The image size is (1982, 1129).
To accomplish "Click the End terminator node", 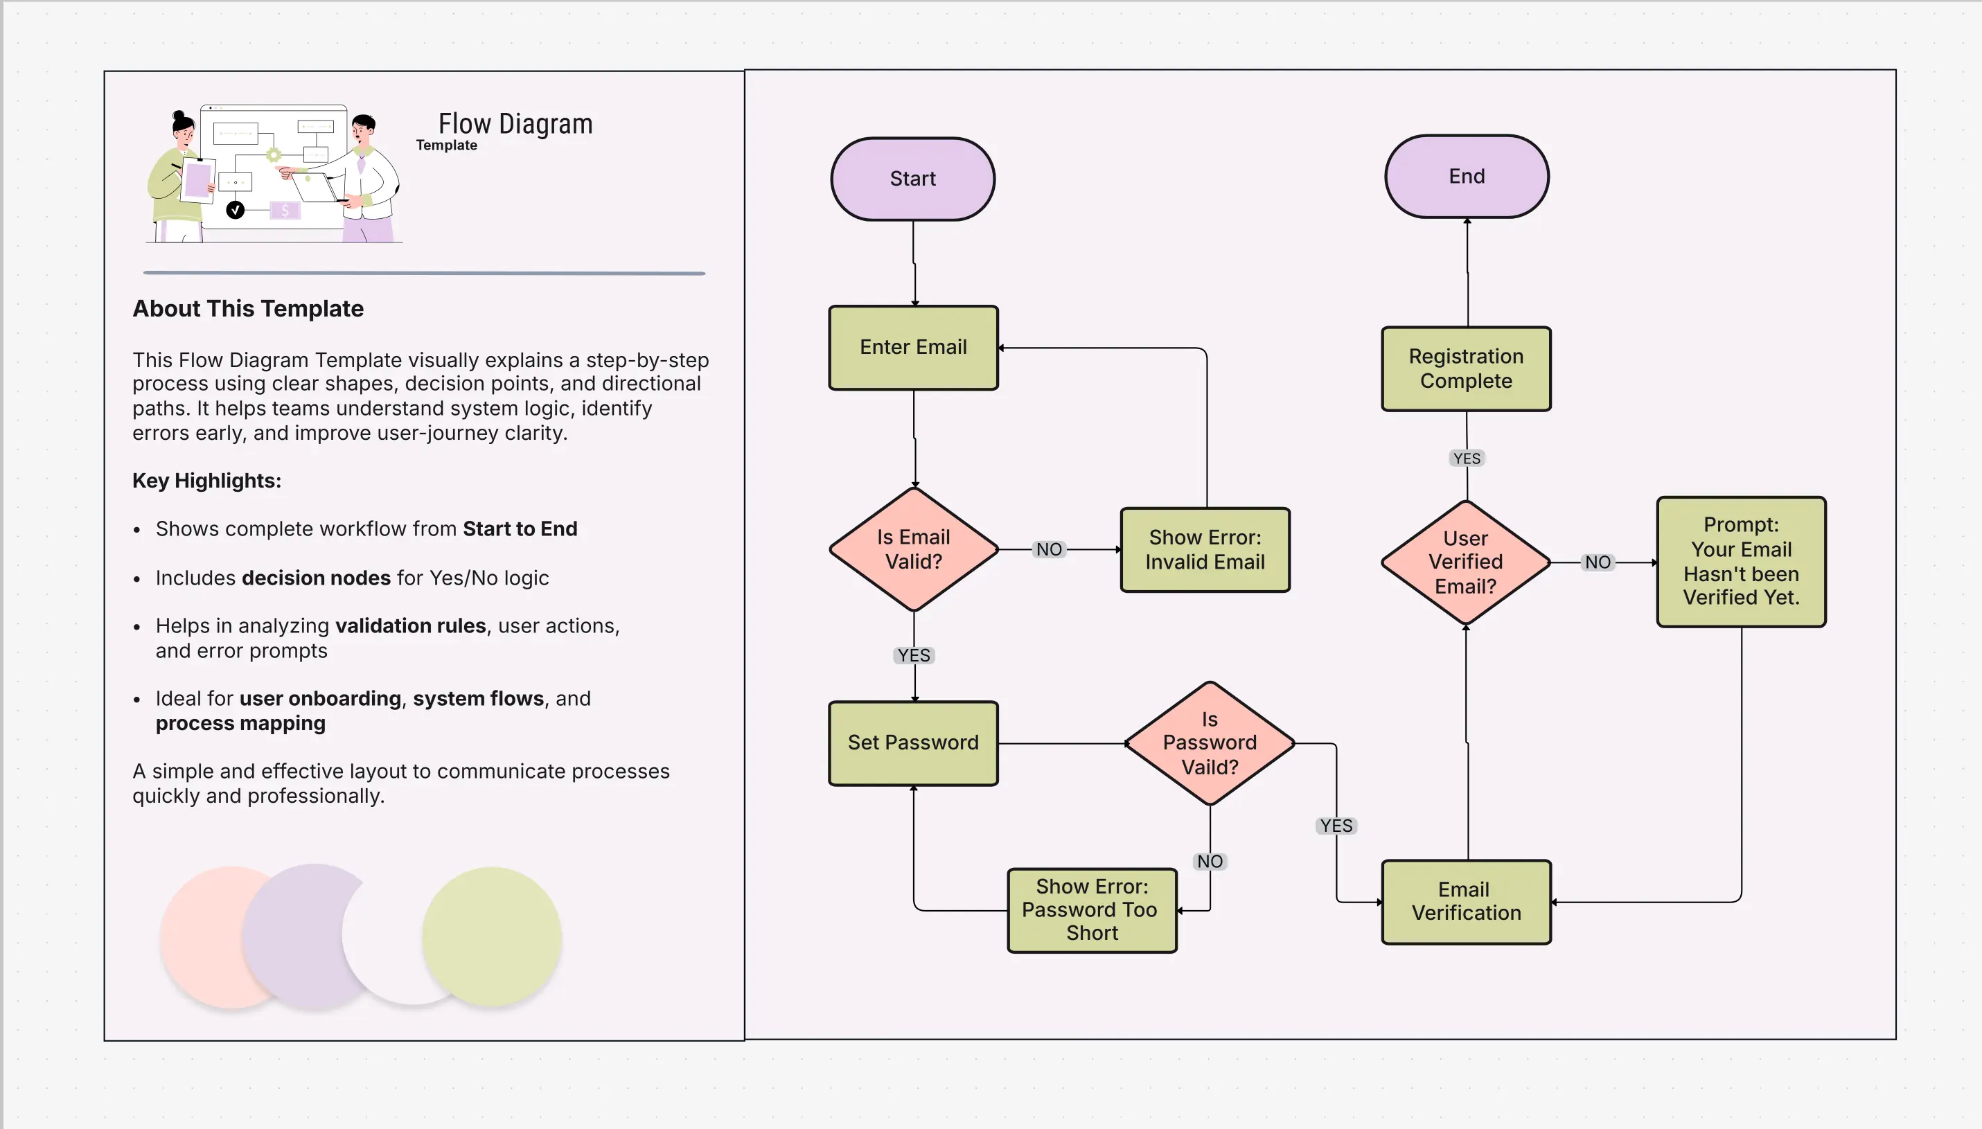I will pyautogui.click(x=1467, y=177).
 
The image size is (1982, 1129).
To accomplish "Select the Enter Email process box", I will pyautogui.click(x=912, y=348).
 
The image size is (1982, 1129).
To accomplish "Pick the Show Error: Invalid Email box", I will pyautogui.click(x=1205, y=550).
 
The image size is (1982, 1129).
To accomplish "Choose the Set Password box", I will pyautogui.click(x=912, y=743).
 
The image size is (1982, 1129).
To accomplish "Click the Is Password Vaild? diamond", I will pyautogui.click(x=1209, y=743).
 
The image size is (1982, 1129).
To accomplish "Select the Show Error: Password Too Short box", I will pyautogui.click(x=1091, y=909).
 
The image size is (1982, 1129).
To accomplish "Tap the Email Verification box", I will pyautogui.click(x=1466, y=901).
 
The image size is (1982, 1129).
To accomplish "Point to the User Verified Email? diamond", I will pyautogui.click(x=1465, y=562).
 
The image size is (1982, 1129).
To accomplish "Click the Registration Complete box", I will pyautogui.click(x=1466, y=368).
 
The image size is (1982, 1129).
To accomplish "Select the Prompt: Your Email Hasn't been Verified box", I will pyautogui.click(x=1740, y=562).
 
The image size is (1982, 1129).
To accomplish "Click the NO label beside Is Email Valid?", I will pyautogui.click(x=1048, y=549).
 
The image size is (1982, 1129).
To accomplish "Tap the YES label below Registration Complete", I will pyautogui.click(x=1467, y=459).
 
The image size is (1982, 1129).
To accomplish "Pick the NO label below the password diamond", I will pyautogui.click(x=1209, y=862).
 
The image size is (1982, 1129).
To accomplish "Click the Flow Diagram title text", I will pyautogui.click(x=515, y=124).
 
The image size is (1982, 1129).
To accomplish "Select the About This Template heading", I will pyautogui.click(x=247, y=309).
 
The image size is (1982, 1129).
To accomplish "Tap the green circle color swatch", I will pyautogui.click(x=492, y=936).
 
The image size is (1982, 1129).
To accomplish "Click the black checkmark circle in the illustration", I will pyautogui.click(x=235, y=209).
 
